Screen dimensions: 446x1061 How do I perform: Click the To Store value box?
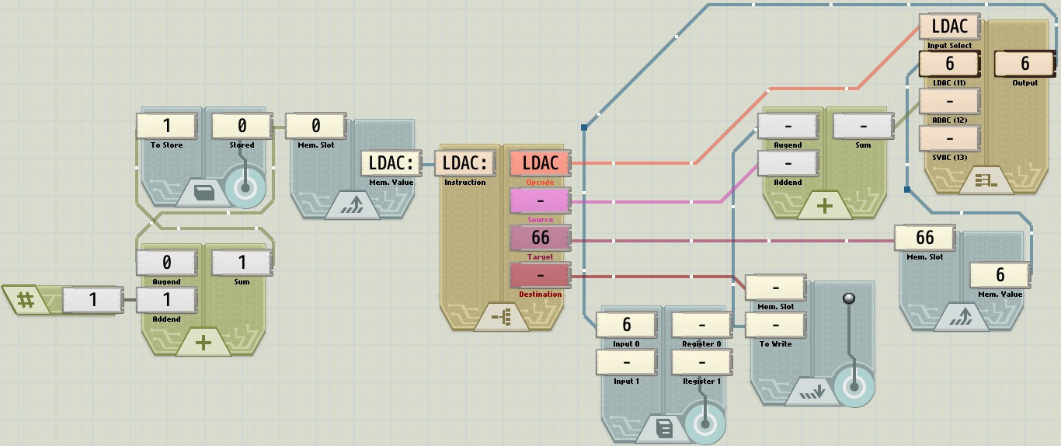[167, 126]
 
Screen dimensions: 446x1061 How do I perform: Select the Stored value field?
[242, 126]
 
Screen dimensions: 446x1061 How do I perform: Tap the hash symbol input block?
[26, 299]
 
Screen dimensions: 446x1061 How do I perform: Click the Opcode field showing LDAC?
[540, 163]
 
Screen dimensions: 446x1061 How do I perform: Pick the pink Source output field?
[540, 200]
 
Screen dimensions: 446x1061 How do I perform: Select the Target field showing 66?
[540, 238]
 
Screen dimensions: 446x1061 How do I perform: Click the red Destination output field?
[540, 275]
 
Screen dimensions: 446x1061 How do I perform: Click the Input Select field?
[949, 26]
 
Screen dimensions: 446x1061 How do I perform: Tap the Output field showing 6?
[1024, 64]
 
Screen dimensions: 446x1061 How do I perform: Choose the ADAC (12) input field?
[949, 101]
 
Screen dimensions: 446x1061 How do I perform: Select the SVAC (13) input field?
[949, 138]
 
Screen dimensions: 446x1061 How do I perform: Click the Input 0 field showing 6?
[627, 325]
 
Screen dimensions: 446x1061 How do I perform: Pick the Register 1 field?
[702, 362]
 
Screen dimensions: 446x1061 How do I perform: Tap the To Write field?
[776, 325]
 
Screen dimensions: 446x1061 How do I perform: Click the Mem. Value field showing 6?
[1000, 275]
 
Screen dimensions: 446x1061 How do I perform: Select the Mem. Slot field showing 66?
[925, 238]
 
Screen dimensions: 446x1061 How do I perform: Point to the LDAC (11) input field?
[949, 64]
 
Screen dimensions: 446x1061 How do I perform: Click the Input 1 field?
[627, 362]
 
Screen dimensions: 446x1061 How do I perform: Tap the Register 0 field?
[702, 325]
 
